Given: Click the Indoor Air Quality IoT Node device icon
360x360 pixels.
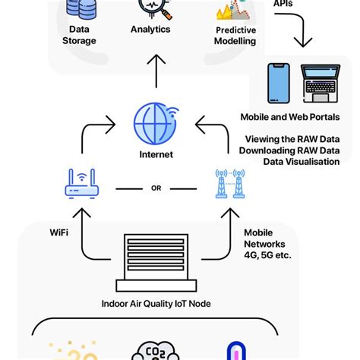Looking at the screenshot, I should [x=156, y=262].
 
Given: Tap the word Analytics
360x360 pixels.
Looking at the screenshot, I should [x=150, y=30].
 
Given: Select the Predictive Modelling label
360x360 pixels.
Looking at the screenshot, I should [x=235, y=36].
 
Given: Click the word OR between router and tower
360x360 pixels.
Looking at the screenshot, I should [x=156, y=188].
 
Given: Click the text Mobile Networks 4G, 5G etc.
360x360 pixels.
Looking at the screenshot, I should [x=267, y=244].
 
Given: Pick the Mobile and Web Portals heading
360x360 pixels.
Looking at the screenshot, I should [x=290, y=117].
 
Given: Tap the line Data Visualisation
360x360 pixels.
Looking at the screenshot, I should [x=301, y=161].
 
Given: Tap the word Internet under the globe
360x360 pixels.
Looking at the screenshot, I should [x=156, y=154].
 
